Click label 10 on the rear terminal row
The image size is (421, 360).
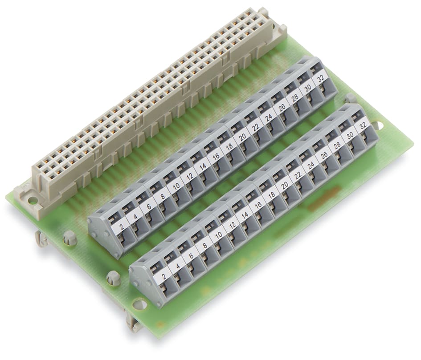(176, 187)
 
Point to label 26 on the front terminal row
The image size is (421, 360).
(324, 154)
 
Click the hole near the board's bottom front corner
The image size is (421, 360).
(139, 304)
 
